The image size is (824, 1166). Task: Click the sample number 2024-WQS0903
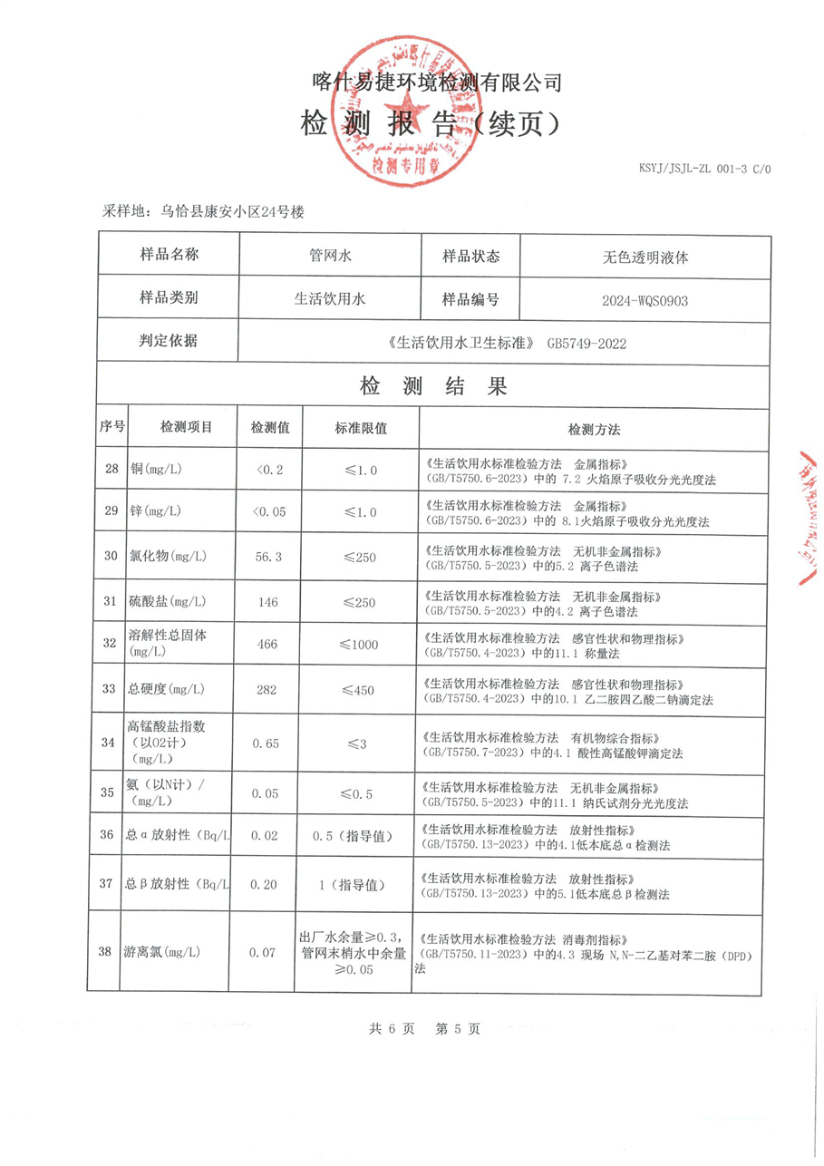pyautogui.click(x=645, y=300)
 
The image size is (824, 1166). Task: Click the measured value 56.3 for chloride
pyautogui.click(x=269, y=557)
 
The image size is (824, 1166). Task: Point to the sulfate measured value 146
pyautogui.click(x=269, y=601)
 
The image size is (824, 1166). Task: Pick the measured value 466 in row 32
pyautogui.click(x=269, y=645)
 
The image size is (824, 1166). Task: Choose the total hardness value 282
pyautogui.click(x=269, y=690)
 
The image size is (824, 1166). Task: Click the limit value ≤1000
pyautogui.click(x=360, y=645)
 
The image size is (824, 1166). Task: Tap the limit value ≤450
pyautogui.click(x=360, y=690)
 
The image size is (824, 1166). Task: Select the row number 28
pyautogui.click(x=111, y=470)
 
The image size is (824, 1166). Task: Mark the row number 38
pyautogui.click(x=111, y=952)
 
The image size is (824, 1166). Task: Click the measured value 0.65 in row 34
pyautogui.click(x=269, y=743)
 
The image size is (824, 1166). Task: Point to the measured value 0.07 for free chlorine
pyautogui.click(x=269, y=952)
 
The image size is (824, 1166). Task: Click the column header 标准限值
pyautogui.click(x=360, y=428)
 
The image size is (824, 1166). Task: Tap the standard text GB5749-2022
pyautogui.click(x=587, y=344)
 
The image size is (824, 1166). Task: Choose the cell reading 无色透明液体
pyautogui.click(x=645, y=257)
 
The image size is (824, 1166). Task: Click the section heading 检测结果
pyautogui.click(x=434, y=387)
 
